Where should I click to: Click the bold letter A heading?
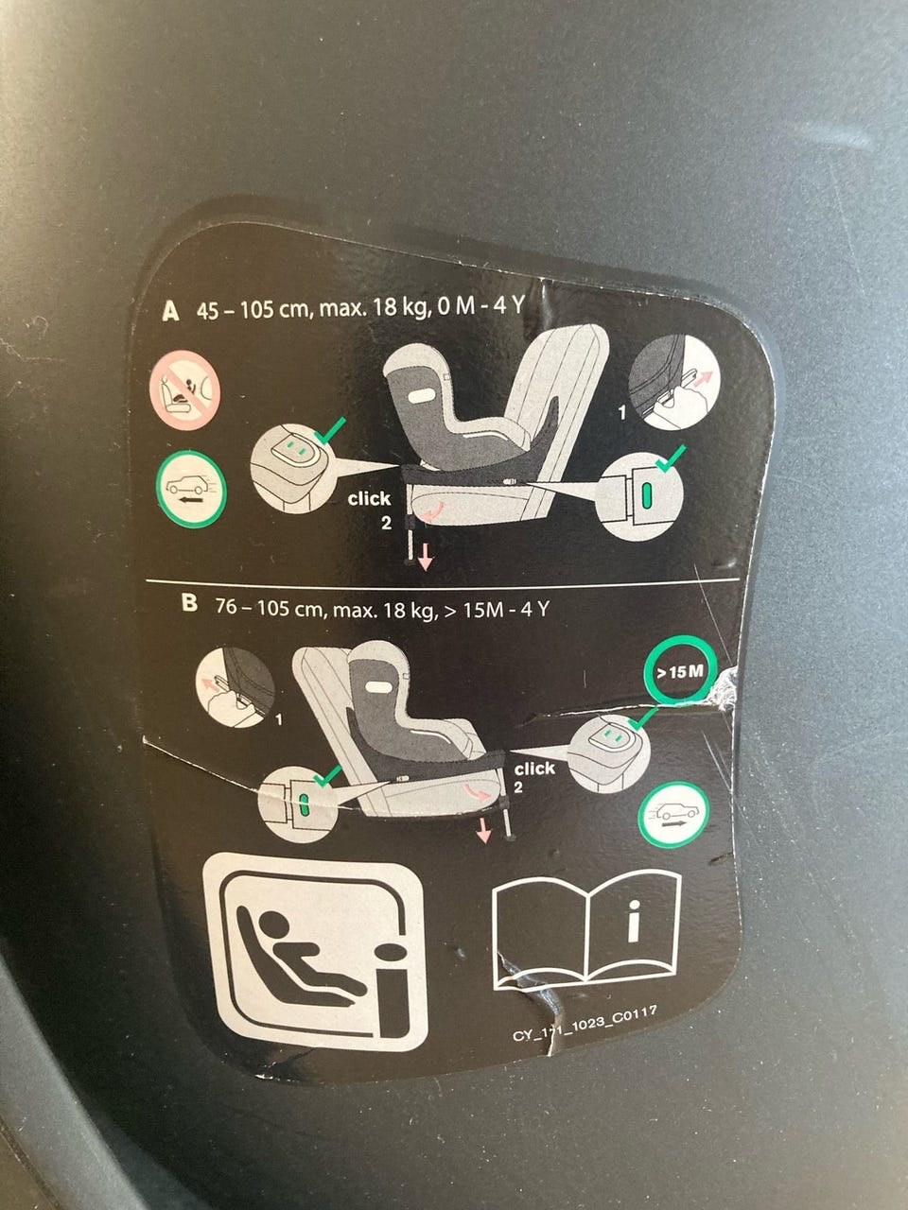[170, 311]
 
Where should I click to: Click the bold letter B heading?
[189, 603]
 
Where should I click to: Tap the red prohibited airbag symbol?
[184, 390]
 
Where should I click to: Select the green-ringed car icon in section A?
[191, 489]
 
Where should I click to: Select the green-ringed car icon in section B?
[673, 815]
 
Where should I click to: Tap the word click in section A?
[369, 499]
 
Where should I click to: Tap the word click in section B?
[534, 769]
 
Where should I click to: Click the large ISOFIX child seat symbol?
[316, 953]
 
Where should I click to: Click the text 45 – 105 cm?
[255, 309]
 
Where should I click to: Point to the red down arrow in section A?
[425, 558]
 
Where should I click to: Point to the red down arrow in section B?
[483, 830]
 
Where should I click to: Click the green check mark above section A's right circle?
[670, 458]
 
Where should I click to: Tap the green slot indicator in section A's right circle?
[647, 495]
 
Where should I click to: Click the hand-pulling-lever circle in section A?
[674, 382]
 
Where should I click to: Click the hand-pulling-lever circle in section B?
[236, 687]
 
